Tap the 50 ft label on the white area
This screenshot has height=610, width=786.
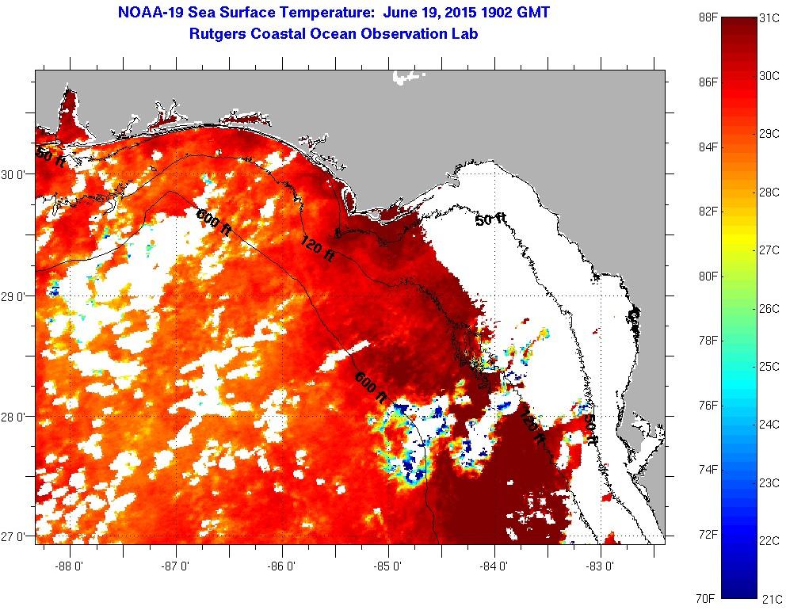point(490,219)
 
